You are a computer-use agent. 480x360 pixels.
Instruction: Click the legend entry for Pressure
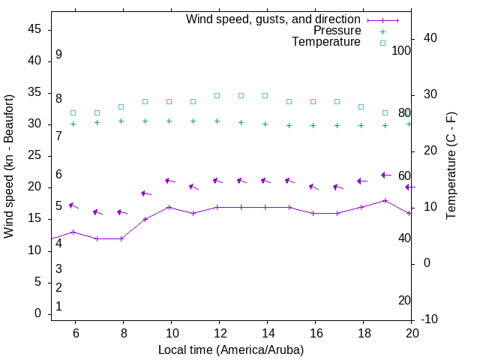pos(337,31)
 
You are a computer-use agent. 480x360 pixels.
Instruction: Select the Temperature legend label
pos(326,42)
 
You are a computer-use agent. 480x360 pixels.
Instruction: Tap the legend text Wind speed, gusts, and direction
pos(274,19)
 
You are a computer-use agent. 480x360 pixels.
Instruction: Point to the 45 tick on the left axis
pos(34,29)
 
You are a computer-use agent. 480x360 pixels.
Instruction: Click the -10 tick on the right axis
pos(428,319)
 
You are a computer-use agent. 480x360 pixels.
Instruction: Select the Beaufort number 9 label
pos(58,55)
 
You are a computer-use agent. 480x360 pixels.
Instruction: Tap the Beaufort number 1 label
pos(58,307)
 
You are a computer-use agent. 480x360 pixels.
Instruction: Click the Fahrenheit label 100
pos(401,51)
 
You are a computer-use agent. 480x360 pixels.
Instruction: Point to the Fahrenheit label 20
pos(404,301)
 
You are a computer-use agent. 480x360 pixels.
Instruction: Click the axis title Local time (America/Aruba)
pos(231,349)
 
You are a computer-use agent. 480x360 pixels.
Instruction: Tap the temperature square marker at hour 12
pos(217,96)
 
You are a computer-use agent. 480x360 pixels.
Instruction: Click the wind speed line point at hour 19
pos(385,200)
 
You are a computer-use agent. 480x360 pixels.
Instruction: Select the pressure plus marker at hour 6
pos(73,124)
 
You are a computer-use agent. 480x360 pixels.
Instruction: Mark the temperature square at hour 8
pos(121,106)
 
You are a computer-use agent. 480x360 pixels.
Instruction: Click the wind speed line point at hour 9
pos(145,219)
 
